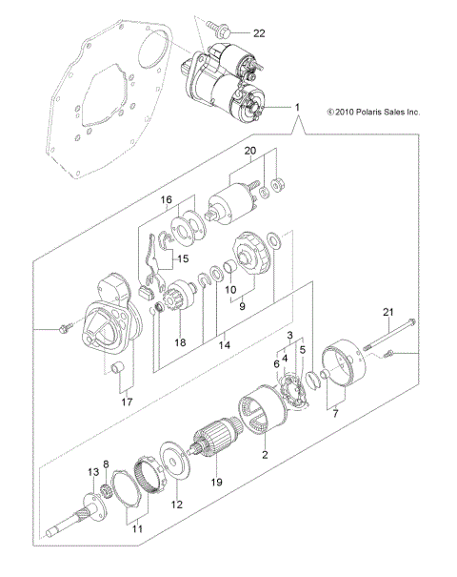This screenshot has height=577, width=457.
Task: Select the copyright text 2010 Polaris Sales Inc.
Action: [x=372, y=112]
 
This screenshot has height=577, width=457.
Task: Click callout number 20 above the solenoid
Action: [x=250, y=151]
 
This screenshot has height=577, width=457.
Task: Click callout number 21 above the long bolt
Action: [x=387, y=312]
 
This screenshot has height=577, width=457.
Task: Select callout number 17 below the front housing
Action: [x=125, y=402]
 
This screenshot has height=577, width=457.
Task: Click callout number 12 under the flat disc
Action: [x=174, y=505]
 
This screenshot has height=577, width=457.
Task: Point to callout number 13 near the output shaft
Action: [x=94, y=472]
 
